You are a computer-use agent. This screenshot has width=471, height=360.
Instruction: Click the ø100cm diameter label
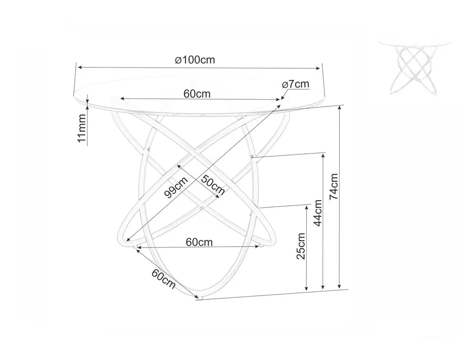pos(195,60)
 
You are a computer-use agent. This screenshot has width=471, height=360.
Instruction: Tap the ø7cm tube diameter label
pos(296,84)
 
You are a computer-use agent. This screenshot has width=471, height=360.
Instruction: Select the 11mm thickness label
pos(81,128)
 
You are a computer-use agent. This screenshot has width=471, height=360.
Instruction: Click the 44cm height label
pos(317,213)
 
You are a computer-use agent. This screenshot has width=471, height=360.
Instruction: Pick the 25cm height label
pos(300,246)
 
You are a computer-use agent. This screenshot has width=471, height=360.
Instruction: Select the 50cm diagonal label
pos(213,185)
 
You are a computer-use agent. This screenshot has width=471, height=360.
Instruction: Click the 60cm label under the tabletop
pos(197,94)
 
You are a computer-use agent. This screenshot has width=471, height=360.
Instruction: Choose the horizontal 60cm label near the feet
pos(199,242)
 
